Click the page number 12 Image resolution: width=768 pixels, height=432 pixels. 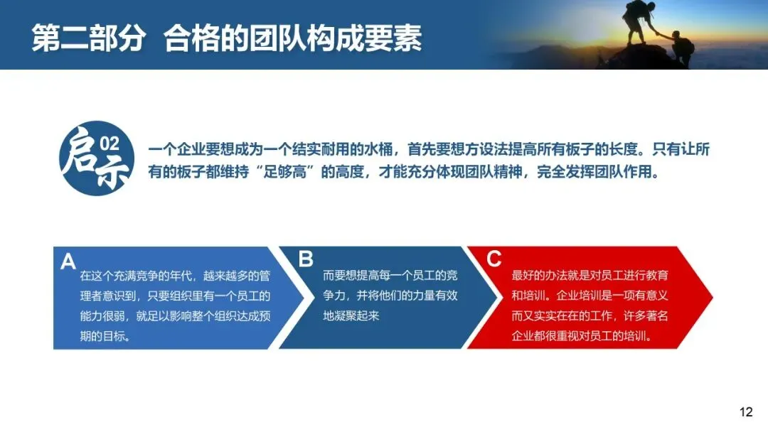pos(746,412)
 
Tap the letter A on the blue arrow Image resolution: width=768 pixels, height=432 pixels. pos(68,261)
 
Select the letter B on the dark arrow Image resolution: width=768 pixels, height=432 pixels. pos(306,259)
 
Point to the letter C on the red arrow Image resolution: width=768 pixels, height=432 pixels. pos(494,259)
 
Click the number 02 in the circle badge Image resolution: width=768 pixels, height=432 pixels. pos(110,144)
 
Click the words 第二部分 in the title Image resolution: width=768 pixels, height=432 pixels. pos(88,38)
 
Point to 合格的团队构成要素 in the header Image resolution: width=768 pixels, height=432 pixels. pos(292,38)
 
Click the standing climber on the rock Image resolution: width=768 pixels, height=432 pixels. pos(638,21)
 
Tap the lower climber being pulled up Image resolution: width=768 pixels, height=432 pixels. pos(680,48)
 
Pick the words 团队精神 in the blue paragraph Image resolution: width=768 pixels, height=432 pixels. pos(494,172)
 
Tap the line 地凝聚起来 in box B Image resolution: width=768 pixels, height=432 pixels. pos(351,316)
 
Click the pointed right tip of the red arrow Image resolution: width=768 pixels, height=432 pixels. pos(712,297)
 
